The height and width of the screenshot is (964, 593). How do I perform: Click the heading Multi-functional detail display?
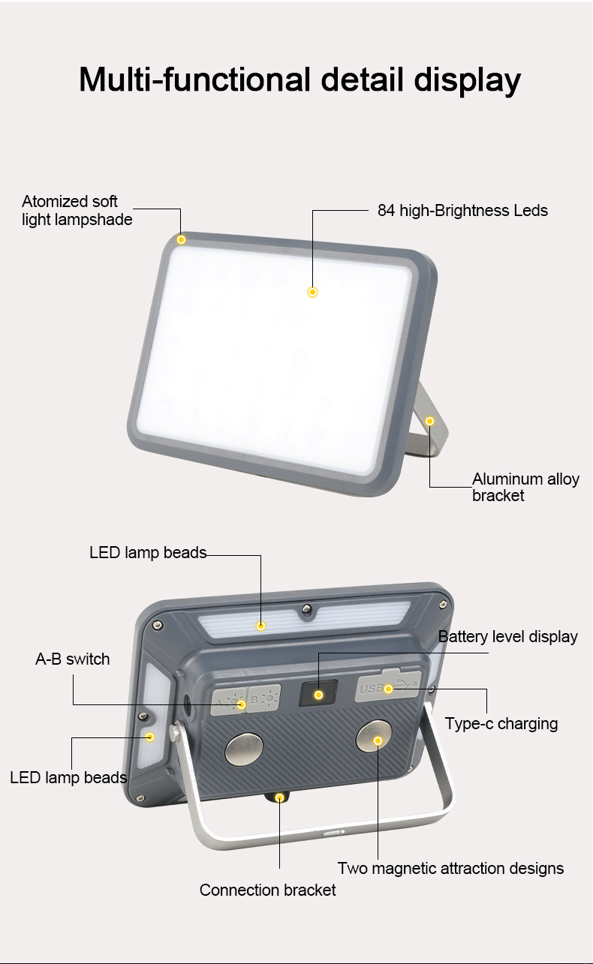pyautogui.click(x=300, y=80)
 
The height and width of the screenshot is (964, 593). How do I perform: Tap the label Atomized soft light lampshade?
pyautogui.click(x=77, y=211)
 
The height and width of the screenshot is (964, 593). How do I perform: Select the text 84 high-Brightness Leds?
pyautogui.click(x=462, y=211)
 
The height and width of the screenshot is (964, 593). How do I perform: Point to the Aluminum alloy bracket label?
pyautogui.click(x=525, y=487)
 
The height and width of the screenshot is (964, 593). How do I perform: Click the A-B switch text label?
pyautogui.click(x=73, y=659)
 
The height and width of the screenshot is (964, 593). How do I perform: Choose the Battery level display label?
pyautogui.click(x=507, y=637)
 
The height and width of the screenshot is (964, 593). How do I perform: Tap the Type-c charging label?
pyautogui.click(x=501, y=724)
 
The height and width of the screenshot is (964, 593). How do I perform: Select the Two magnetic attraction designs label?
pyautogui.click(x=450, y=869)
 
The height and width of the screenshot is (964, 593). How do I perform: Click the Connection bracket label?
pyautogui.click(x=267, y=890)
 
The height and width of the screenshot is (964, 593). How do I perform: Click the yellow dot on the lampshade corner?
pyautogui.click(x=181, y=239)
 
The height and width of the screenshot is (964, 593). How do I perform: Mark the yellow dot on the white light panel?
pyautogui.click(x=312, y=292)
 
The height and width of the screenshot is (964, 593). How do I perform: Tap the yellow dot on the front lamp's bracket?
pyautogui.click(x=429, y=421)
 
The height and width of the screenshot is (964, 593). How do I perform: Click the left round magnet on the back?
pyautogui.click(x=244, y=749)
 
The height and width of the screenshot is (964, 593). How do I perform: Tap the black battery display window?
pyautogui.click(x=318, y=694)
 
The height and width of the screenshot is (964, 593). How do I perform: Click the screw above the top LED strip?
pyautogui.click(x=306, y=608)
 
